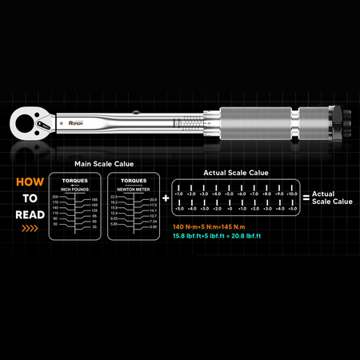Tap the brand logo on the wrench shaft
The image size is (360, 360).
coord(74,123)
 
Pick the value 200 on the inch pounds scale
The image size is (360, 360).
coord(55,196)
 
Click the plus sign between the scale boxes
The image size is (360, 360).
coord(165,196)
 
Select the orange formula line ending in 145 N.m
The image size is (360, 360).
coord(212,226)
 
